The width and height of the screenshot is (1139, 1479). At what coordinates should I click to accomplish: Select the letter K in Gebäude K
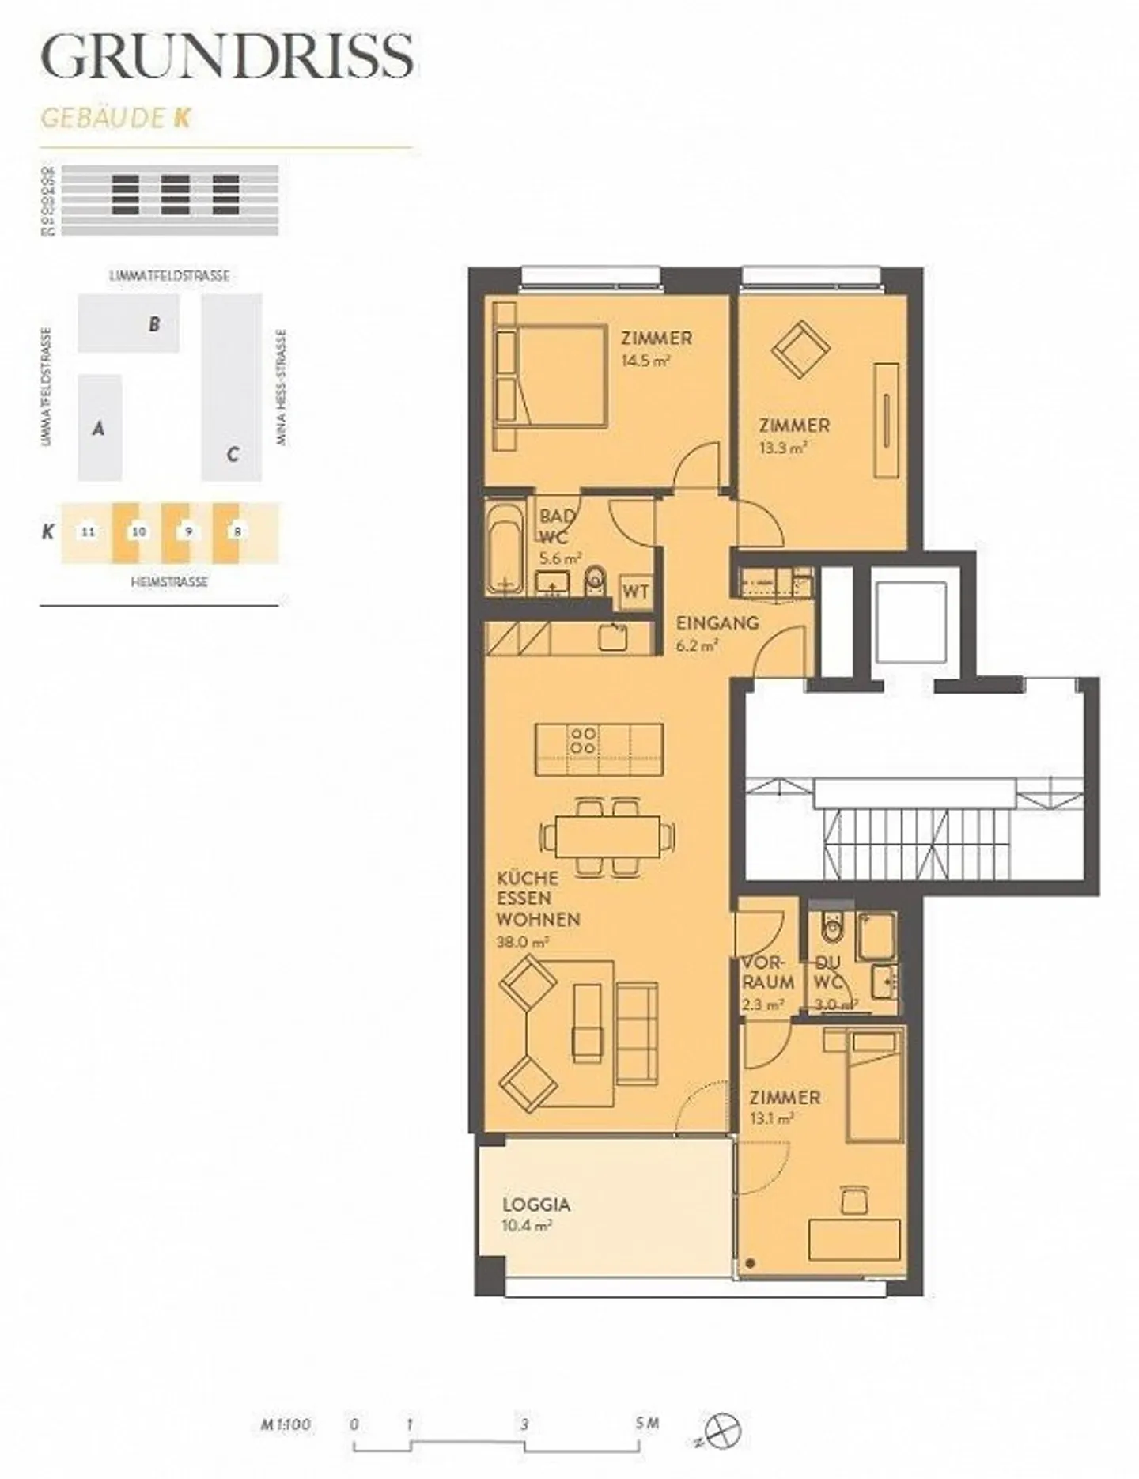(183, 118)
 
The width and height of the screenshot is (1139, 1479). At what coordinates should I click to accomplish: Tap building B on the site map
(155, 324)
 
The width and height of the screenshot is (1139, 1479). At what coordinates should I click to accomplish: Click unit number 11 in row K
(89, 531)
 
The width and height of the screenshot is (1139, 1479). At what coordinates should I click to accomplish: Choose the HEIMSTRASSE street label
(169, 581)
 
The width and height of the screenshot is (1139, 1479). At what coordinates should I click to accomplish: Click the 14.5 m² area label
(645, 361)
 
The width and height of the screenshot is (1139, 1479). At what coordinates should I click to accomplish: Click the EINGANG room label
(717, 623)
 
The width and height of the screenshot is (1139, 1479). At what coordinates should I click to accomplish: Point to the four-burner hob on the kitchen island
(584, 740)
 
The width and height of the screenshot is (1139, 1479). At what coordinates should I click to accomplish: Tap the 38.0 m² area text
(522, 943)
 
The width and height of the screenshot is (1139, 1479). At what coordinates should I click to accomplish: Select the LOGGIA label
(536, 1205)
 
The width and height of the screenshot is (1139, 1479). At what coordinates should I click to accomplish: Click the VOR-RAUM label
(767, 973)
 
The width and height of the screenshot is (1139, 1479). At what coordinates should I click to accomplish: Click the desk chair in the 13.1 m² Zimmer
(853, 1199)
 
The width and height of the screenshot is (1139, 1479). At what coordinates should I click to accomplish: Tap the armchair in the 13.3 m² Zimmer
(800, 348)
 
